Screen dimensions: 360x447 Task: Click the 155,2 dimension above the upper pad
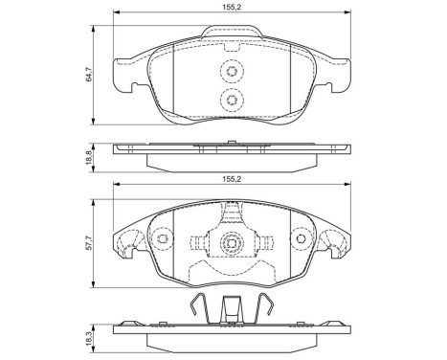(x=230, y=7)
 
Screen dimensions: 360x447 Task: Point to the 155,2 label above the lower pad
(x=230, y=177)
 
